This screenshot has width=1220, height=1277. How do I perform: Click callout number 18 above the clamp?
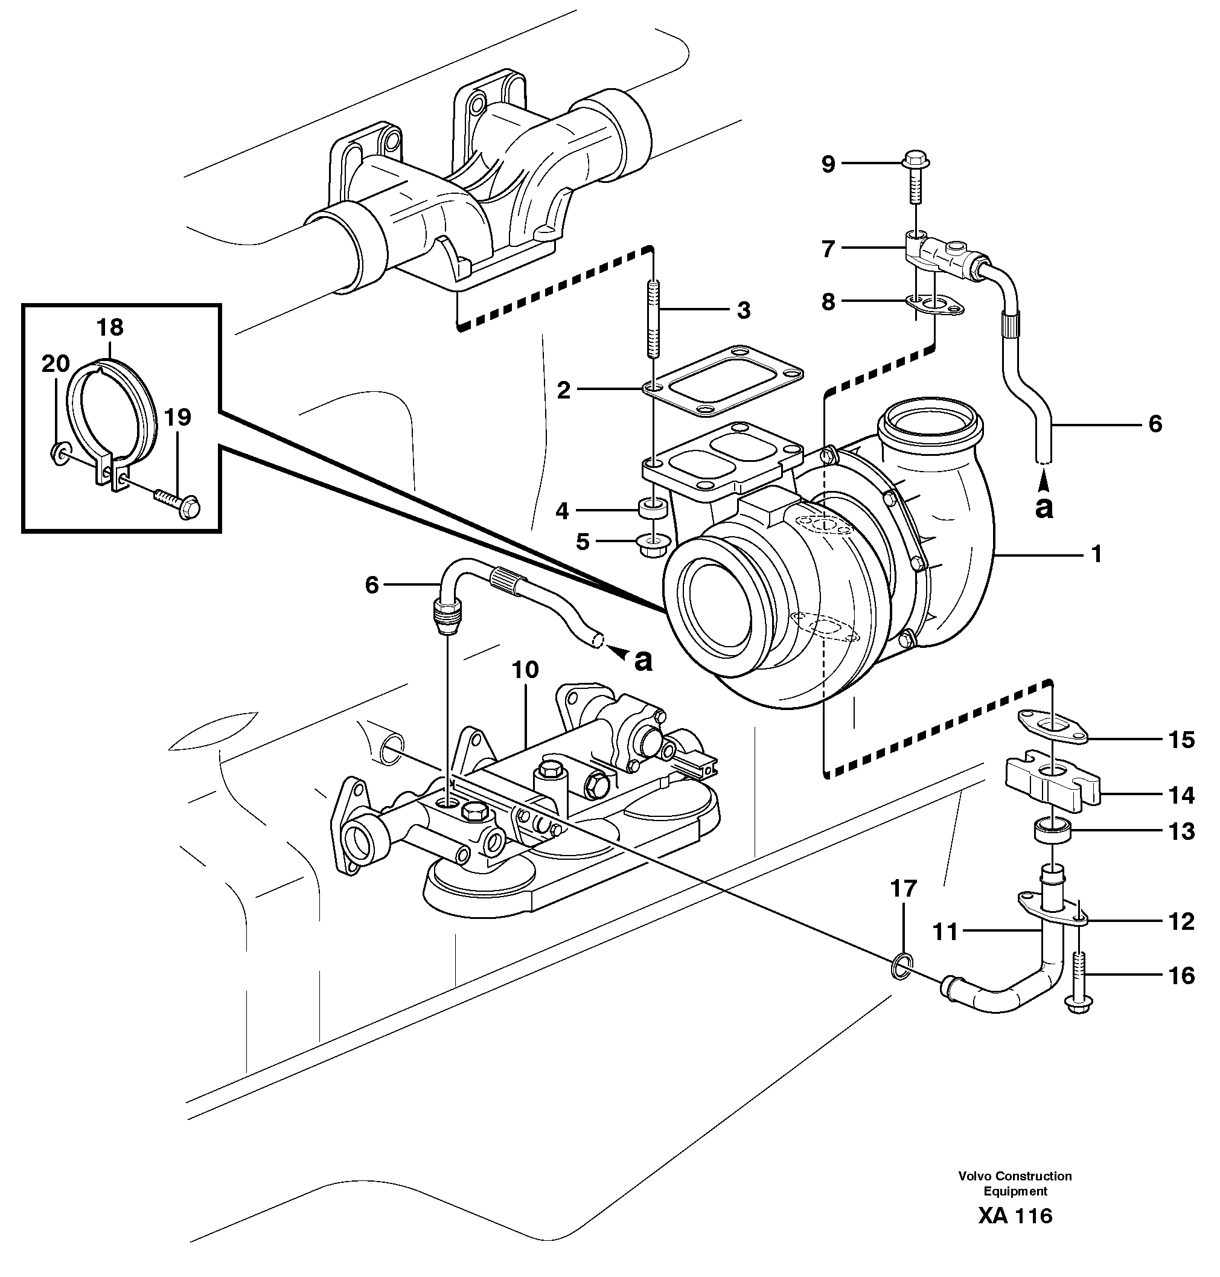[x=110, y=327]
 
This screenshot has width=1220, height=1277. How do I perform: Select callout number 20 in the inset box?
[x=56, y=363]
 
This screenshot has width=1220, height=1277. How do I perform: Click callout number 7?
[x=828, y=249]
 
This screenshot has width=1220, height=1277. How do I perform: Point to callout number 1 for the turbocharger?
[x=1096, y=554]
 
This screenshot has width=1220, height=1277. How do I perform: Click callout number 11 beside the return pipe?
[x=945, y=933]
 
